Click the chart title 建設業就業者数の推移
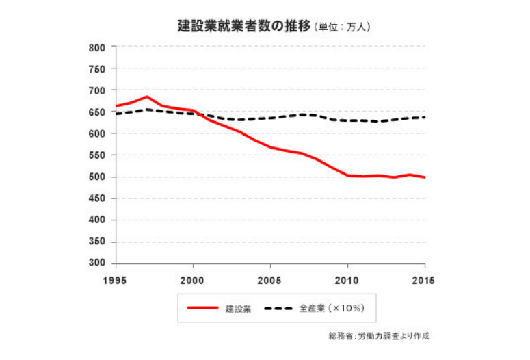click(x=243, y=27)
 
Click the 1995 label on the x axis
click(x=116, y=279)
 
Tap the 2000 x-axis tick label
click(x=193, y=279)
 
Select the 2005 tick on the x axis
click(x=270, y=279)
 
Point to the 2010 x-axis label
click(x=347, y=279)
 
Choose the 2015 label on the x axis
click(x=424, y=279)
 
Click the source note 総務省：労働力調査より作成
click(x=380, y=337)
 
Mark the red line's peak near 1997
click(x=146, y=97)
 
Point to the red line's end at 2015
click(x=425, y=177)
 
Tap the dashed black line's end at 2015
click(x=425, y=117)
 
